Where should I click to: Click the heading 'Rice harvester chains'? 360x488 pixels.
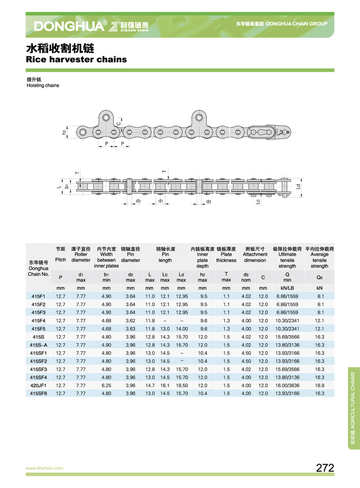pyautogui.click(x=76, y=59)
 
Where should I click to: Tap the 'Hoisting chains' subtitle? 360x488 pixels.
pyautogui.click(x=43, y=85)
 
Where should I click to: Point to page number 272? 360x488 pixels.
pyautogui.click(x=325, y=468)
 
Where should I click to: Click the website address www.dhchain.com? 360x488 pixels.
pyautogui.click(x=44, y=468)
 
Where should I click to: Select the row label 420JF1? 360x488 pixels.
pyautogui.click(x=39, y=385)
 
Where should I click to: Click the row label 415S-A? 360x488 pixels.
pyautogui.click(x=39, y=345)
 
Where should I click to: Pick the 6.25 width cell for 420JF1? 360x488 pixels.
pyautogui.click(x=106, y=385)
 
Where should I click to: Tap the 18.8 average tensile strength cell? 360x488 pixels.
pyautogui.click(x=320, y=385)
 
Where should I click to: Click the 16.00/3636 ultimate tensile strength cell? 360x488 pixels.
pyautogui.click(x=287, y=385)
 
